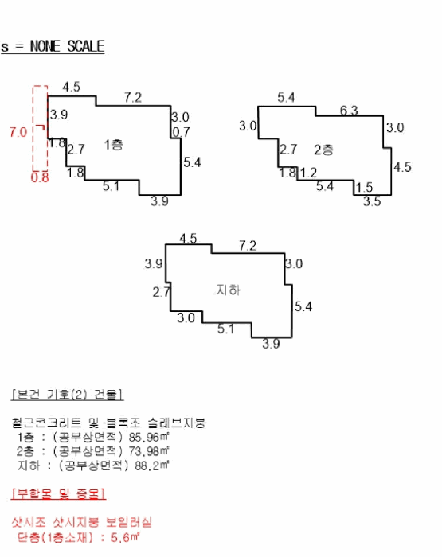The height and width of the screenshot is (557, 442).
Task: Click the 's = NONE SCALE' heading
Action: tap(53, 46)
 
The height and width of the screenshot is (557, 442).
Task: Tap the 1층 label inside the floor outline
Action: tap(113, 144)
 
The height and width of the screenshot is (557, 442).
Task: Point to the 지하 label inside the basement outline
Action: tap(228, 290)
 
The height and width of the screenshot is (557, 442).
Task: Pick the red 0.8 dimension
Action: tap(40, 178)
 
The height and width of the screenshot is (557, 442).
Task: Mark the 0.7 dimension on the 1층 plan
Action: tap(182, 132)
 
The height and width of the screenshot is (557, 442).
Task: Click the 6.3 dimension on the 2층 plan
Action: tap(349, 110)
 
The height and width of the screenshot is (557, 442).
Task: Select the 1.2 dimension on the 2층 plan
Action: tap(308, 173)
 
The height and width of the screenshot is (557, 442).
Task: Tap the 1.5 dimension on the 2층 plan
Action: tap(364, 187)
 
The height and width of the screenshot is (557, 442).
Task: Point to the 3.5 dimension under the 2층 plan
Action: tap(372, 202)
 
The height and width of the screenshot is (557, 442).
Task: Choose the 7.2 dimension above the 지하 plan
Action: tap(248, 245)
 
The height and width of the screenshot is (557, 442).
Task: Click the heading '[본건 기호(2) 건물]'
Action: tap(68, 395)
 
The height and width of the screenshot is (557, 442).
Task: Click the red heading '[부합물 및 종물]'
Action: tap(58, 493)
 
